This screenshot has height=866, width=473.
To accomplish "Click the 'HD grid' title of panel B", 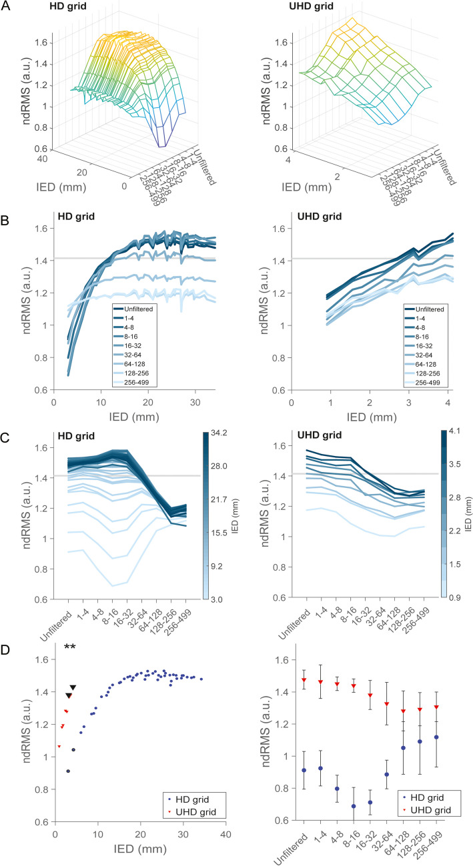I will pos(73,217).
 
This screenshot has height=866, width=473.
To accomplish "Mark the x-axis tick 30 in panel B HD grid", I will pos(197,404).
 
